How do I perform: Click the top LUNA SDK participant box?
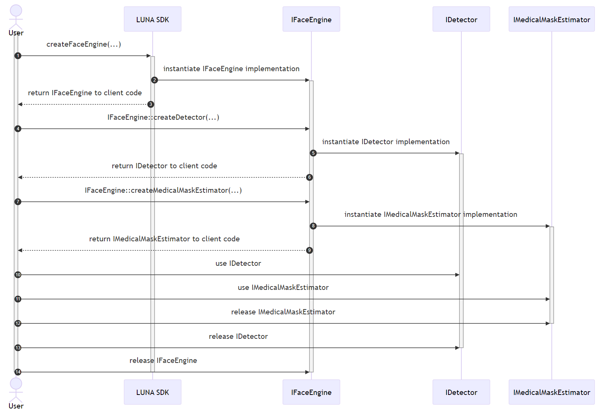click(153, 19)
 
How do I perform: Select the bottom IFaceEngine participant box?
click(311, 392)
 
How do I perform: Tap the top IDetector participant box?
click(461, 19)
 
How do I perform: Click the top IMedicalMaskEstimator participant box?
click(551, 19)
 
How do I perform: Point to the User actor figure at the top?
click(16, 17)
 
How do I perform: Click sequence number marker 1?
click(18, 56)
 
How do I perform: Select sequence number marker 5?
click(313, 153)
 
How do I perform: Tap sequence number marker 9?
click(309, 250)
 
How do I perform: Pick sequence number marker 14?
click(18, 372)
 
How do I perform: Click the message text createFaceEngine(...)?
click(84, 44)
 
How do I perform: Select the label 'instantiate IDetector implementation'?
click(386, 142)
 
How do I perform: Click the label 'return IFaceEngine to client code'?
click(85, 93)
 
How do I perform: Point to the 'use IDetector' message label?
click(238, 263)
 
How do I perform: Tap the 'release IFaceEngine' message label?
click(163, 360)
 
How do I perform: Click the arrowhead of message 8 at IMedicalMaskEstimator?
click(548, 226)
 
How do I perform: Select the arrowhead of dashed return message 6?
click(20, 177)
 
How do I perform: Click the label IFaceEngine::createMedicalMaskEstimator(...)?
click(163, 190)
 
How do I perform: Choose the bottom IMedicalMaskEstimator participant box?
click(551, 392)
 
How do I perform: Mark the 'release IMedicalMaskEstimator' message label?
click(283, 312)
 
